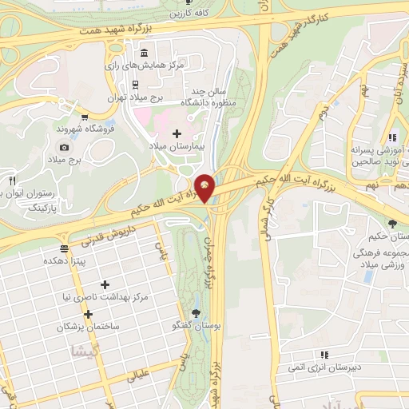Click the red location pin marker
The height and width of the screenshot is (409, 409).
pyautogui.click(x=205, y=189)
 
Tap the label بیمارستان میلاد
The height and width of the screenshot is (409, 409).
pyautogui.click(x=177, y=148)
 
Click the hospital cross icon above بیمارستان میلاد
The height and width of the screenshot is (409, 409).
pyautogui.click(x=177, y=133)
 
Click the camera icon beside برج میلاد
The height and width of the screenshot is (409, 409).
pyautogui.click(x=64, y=147)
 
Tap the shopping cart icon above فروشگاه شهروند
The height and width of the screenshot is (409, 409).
pyautogui.click(x=84, y=117)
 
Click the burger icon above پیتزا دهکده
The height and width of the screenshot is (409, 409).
pyautogui.click(x=63, y=248)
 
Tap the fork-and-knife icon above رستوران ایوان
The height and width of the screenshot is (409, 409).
pyautogui.click(x=12, y=181)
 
